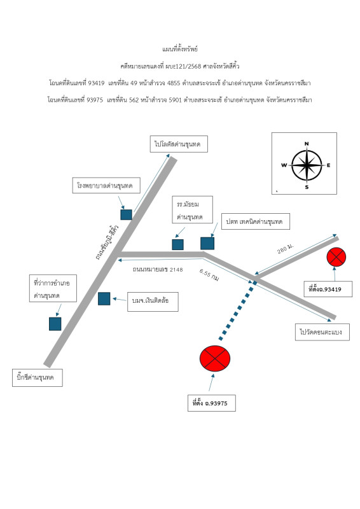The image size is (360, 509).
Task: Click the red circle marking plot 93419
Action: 336,257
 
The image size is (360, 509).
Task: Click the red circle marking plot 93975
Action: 215,358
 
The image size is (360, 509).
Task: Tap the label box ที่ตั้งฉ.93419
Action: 328,289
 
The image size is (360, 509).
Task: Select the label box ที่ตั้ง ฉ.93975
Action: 212,403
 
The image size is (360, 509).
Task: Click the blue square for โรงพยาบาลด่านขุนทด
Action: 127,214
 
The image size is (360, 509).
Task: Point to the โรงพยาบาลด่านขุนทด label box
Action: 106,185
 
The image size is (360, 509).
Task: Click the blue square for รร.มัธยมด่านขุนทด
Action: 177,244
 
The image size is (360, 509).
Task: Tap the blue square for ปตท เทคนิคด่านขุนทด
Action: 207,243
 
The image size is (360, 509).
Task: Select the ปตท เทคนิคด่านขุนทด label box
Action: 256,221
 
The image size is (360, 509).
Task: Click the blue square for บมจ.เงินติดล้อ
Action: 104,298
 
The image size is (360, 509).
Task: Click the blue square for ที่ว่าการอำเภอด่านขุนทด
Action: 55,324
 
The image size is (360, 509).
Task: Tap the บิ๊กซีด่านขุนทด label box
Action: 38,377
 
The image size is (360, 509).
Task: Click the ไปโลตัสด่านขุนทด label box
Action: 179,144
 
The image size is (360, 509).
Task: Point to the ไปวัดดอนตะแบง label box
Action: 322,331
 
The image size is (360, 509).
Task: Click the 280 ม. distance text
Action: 286,249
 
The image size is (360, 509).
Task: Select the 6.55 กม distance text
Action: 209,275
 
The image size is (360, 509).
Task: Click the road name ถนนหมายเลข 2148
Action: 158,269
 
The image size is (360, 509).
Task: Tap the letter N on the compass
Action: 307,144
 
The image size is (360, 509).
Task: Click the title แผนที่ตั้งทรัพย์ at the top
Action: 180,49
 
